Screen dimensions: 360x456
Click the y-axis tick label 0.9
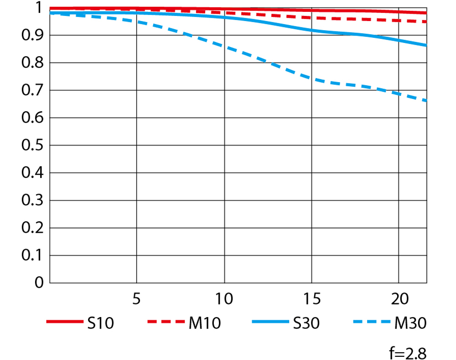click(x=32, y=36)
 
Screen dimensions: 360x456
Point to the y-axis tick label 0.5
click(x=32, y=146)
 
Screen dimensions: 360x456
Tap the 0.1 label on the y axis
click(x=32, y=256)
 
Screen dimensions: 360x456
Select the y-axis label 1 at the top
click(x=39, y=8)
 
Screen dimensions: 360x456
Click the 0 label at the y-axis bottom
click(x=39, y=283)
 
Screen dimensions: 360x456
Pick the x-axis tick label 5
click(x=136, y=299)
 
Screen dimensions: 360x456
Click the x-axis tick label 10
click(x=224, y=299)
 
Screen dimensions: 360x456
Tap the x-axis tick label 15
click(x=311, y=299)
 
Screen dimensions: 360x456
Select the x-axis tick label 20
click(x=399, y=299)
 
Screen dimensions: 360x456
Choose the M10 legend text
click(x=204, y=323)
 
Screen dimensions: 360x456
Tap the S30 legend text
click(x=305, y=323)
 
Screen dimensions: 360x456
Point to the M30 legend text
click(x=410, y=323)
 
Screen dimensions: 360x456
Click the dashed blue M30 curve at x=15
click(x=311, y=78)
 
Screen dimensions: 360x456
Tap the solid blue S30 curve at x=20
click(x=399, y=40)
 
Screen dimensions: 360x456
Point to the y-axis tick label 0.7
click(x=32, y=90)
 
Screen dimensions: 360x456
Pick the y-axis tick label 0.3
click(x=32, y=200)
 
